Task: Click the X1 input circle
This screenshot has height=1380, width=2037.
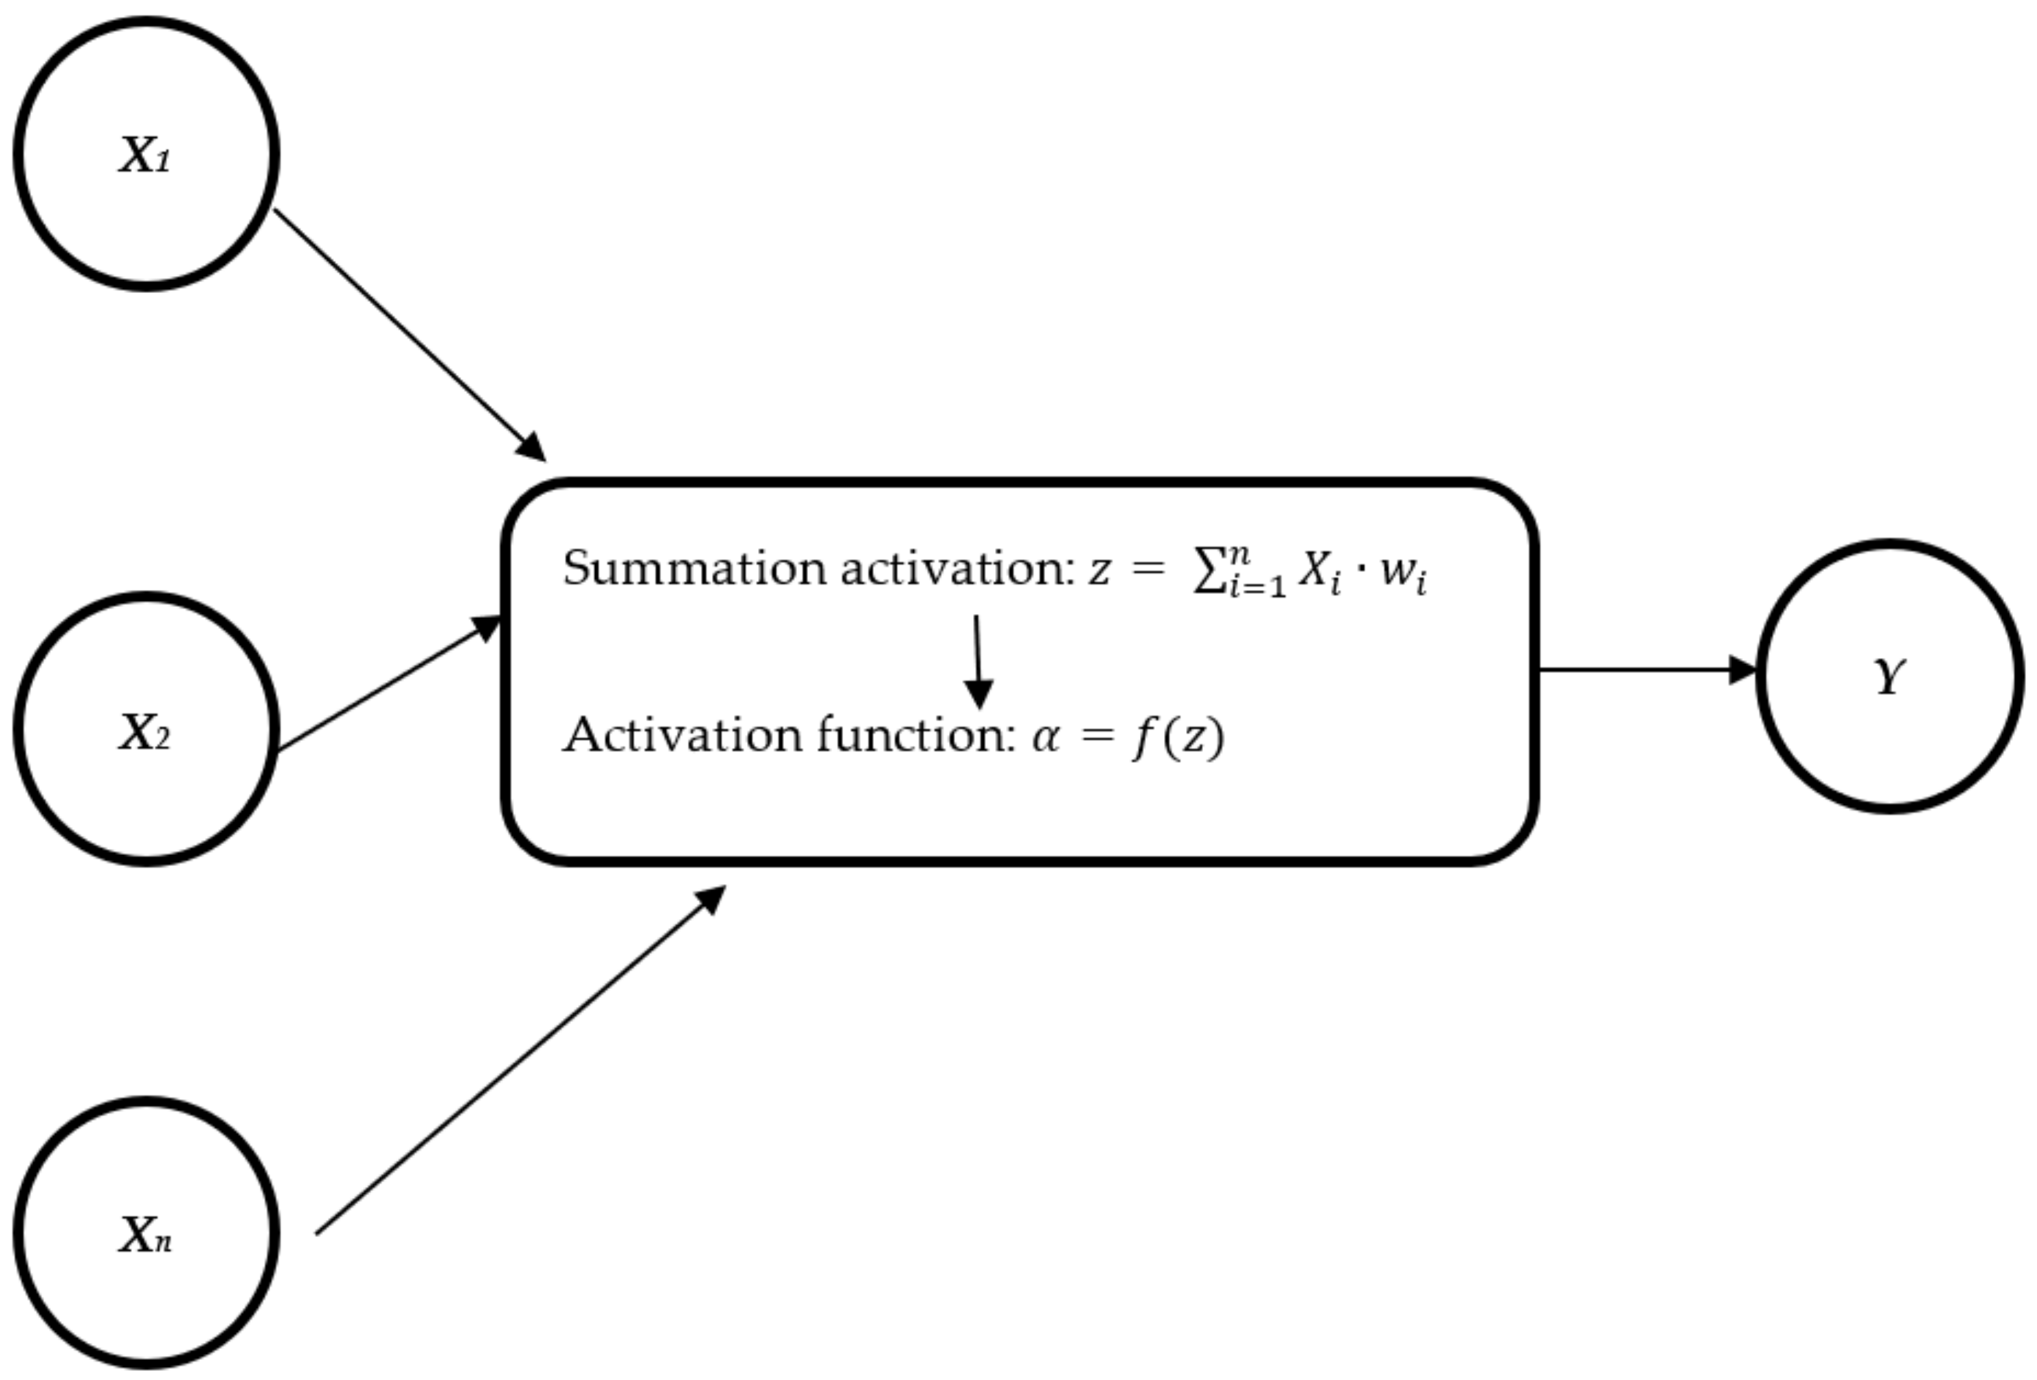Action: [146, 153]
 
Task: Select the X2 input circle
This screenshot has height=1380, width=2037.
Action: [146, 730]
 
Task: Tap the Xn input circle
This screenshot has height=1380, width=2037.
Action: [146, 1233]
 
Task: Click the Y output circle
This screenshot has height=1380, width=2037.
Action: [1890, 676]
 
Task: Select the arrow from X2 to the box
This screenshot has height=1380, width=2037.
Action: [386, 687]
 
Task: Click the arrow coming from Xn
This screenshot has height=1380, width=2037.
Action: [517, 1063]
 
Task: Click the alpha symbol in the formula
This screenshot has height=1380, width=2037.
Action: [1046, 737]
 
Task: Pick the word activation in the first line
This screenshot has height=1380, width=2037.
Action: [955, 568]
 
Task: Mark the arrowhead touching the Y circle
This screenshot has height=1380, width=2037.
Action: [1743, 670]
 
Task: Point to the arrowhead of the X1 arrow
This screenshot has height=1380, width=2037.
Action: [531, 446]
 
